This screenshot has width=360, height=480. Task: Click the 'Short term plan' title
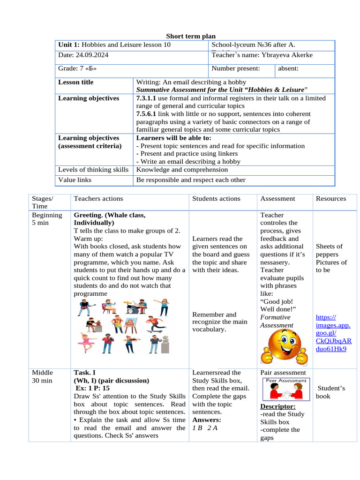[x=191, y=37]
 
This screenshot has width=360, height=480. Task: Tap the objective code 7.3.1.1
[x=146, y=98]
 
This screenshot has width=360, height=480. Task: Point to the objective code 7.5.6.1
[x=146, y=114]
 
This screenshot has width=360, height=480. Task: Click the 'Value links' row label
[x=75, y=180]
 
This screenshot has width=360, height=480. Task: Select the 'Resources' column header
[x=331, y=199]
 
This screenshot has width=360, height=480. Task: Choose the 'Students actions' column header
[x=216, y=199]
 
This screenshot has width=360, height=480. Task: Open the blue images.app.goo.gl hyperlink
[x=333, y=333]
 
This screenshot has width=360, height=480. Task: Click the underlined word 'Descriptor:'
[x=277, y=406]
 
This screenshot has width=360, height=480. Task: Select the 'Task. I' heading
[x=85, y=373]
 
